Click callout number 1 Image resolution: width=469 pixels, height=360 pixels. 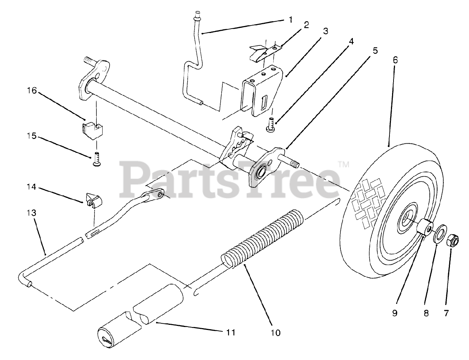(x=291, y=19)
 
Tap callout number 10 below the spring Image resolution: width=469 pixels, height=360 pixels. (x=275, y=333)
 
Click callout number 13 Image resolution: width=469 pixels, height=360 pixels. (x=34, y=213)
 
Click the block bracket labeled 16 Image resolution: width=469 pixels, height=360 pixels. (x=92, y=129)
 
